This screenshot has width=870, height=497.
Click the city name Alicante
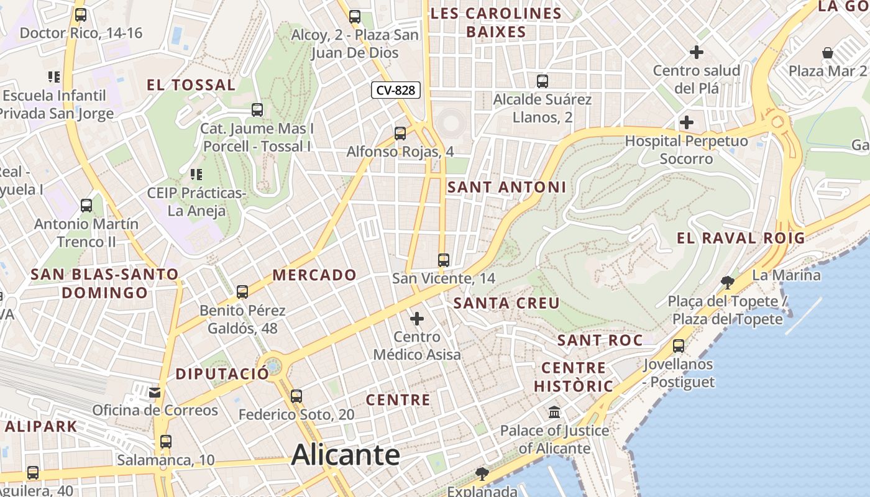click(346, 455)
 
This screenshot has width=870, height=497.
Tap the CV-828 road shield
click(396, 90)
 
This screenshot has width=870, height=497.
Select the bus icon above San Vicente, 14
click(443, 260)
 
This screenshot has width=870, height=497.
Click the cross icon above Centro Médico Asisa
click(416, 319)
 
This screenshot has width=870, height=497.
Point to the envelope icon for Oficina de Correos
click(154, 392)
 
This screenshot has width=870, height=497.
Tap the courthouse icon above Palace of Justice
click(554, 412)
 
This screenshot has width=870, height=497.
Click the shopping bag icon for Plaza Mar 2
click(828, 53)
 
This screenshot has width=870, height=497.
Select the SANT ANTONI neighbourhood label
click(506, 187)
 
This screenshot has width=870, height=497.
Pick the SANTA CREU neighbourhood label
click(506, 303)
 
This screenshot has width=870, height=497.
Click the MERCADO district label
click(314, 275)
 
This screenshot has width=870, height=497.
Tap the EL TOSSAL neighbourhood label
click(191, 85)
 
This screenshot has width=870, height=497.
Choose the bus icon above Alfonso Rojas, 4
click(400, 133)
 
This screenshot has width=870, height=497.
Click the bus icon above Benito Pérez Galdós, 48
click(242, 291)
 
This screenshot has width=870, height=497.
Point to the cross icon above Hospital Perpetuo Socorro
click(687, 122)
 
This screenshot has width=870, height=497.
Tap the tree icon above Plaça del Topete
click(727, 283)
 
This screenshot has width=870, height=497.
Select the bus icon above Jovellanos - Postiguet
click(679, 346)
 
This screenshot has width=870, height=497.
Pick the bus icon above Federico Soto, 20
click(296, 396)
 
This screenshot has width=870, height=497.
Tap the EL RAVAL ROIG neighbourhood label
click(741, 238)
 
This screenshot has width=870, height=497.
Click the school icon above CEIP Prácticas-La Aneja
click(196, 175)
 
